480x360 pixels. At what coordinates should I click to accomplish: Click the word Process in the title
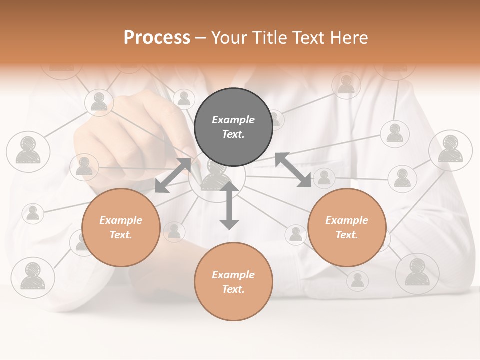[x=157, y=37]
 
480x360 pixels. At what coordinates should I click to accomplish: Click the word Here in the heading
[x=350, y=37]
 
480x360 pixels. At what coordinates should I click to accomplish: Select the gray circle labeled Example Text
[x=233, y=127]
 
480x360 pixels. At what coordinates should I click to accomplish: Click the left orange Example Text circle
[x=121, y=227]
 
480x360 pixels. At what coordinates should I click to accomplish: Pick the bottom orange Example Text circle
[x=233, y=282]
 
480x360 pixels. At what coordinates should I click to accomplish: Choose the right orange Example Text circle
[x=347, y=227]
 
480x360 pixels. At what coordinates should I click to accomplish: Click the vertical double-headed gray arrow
[x=229, y=205]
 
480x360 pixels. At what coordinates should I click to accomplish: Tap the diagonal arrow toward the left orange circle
[x=173, y=175]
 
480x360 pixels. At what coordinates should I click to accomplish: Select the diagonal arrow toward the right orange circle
[x=293, y=170]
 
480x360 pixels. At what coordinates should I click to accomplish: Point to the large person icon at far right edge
[x=450, y=150]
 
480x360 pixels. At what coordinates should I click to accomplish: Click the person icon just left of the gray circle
[x=184, y=99]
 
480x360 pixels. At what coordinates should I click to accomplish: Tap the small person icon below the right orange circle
[x=357, y=280]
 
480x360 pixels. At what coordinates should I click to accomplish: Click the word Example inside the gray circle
[x=233, y=120]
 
